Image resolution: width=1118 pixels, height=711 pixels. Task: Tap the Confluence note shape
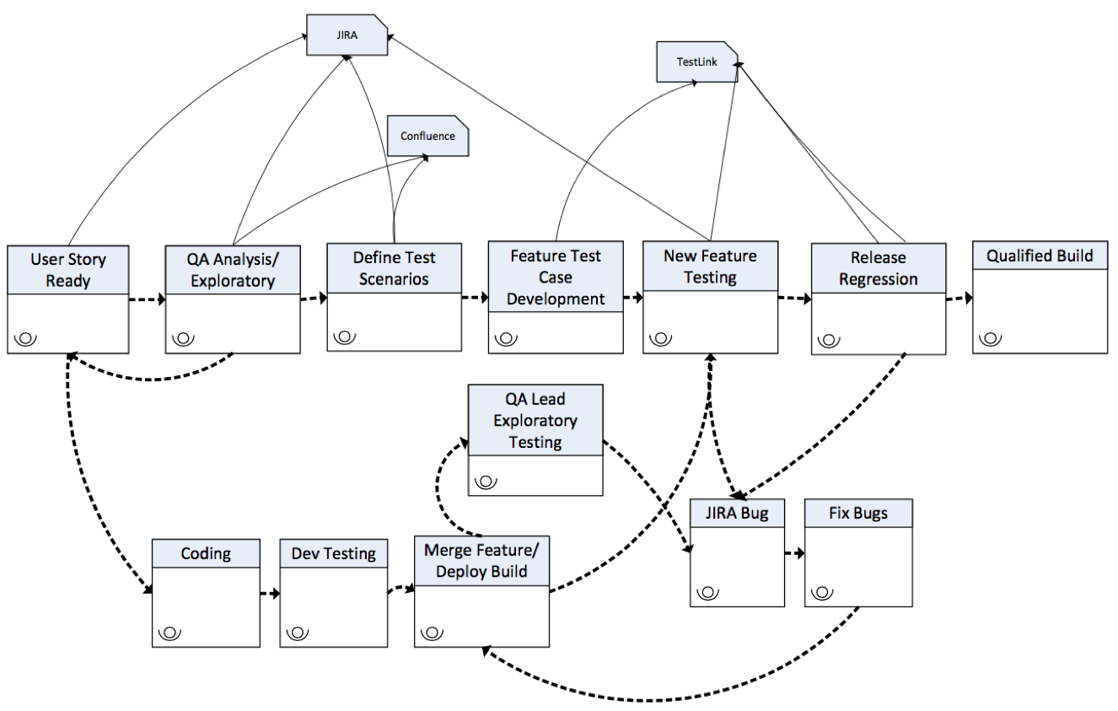(x=427, y=137)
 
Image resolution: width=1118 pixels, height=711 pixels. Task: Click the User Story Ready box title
(x=68, y=270)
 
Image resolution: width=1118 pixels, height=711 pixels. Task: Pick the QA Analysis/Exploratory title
(x=233, y=270)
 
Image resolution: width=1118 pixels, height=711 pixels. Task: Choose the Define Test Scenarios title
(x=395, y=267)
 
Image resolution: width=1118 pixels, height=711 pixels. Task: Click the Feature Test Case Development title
(x=556, y=277)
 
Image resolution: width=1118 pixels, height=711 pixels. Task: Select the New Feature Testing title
(x=710, y=267)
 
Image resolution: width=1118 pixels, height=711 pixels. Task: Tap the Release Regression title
(x=878, y=268)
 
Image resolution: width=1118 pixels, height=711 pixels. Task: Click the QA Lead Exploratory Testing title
(x=535, y=420)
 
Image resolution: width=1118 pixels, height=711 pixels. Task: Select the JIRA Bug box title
(x=737, y=513)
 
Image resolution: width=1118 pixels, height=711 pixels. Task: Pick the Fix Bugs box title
(x=858, y=513)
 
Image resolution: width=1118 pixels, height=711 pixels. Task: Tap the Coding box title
(x=206, y=553)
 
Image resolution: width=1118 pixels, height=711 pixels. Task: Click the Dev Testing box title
(x=334, y=553)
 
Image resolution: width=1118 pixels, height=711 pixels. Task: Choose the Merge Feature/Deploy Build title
(x=481, y=561)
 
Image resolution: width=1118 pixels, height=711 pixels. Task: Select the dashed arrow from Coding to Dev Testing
(x=270, y=594)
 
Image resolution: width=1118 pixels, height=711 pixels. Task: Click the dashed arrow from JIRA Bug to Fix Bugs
(x=793, y=553)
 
